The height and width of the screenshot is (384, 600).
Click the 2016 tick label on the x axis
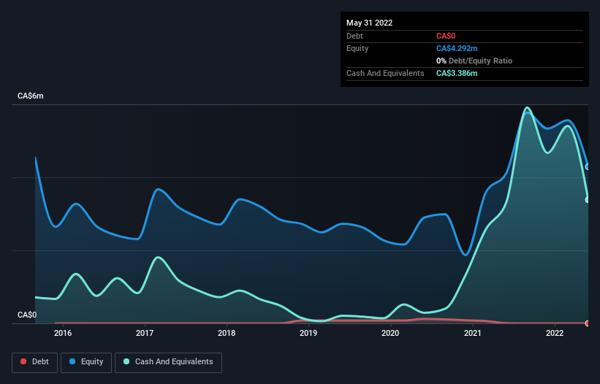[x=63, y=334]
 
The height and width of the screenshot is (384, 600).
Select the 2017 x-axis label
[x=145, y=334]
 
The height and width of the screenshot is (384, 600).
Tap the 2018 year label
[x=227, y=334]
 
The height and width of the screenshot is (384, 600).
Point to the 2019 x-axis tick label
[x=308, y=334]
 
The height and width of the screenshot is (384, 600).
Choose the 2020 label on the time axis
[x=390, y=334]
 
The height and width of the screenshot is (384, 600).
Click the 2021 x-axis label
[x=473, y=334]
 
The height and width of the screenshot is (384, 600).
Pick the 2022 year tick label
[x=555, y=334]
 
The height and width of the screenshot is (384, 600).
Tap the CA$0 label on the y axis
[x=27, y=315]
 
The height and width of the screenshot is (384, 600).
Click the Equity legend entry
[x=86, y=361]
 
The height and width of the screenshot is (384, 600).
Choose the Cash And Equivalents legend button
[x=168, y=361]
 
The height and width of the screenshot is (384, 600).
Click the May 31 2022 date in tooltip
[x=369, y=23]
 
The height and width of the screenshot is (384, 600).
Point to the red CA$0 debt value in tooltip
[x=446, y=36]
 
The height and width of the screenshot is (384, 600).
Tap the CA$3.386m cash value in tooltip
[x=457, y=73]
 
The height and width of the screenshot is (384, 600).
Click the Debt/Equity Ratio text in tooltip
[x=479, y=61]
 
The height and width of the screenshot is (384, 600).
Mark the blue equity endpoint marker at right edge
[x=588, y=166]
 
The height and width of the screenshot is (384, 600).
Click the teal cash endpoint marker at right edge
[x=588, y=199]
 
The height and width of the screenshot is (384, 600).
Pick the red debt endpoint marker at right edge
[x=588, y=323]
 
